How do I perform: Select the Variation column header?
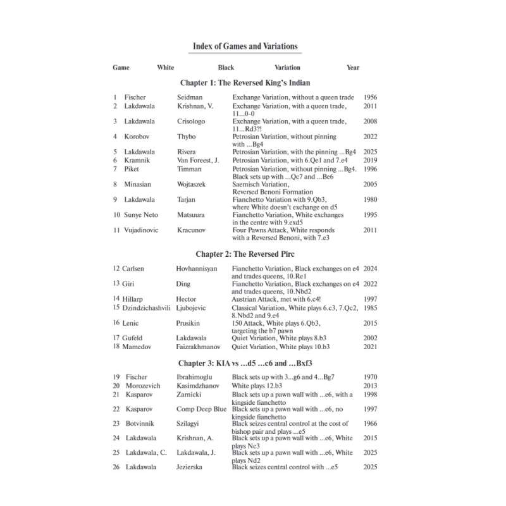click(x=287, y=68)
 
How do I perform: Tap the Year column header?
click(x=353, y=68)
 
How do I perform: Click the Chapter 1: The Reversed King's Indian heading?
click(x=245, y=83)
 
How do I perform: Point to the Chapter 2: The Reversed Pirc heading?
click(x=245, y=254)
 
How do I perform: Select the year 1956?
click(x=371, y=97)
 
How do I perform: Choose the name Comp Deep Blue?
click(x=202, y=409)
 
